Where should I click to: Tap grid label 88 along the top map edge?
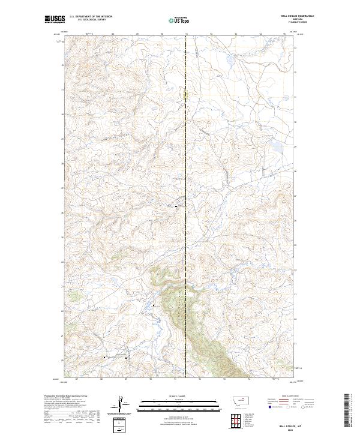[x=113, y=34]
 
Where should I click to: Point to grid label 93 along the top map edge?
[x=236, y=34]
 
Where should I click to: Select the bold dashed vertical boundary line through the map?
[x=187, y=180]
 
